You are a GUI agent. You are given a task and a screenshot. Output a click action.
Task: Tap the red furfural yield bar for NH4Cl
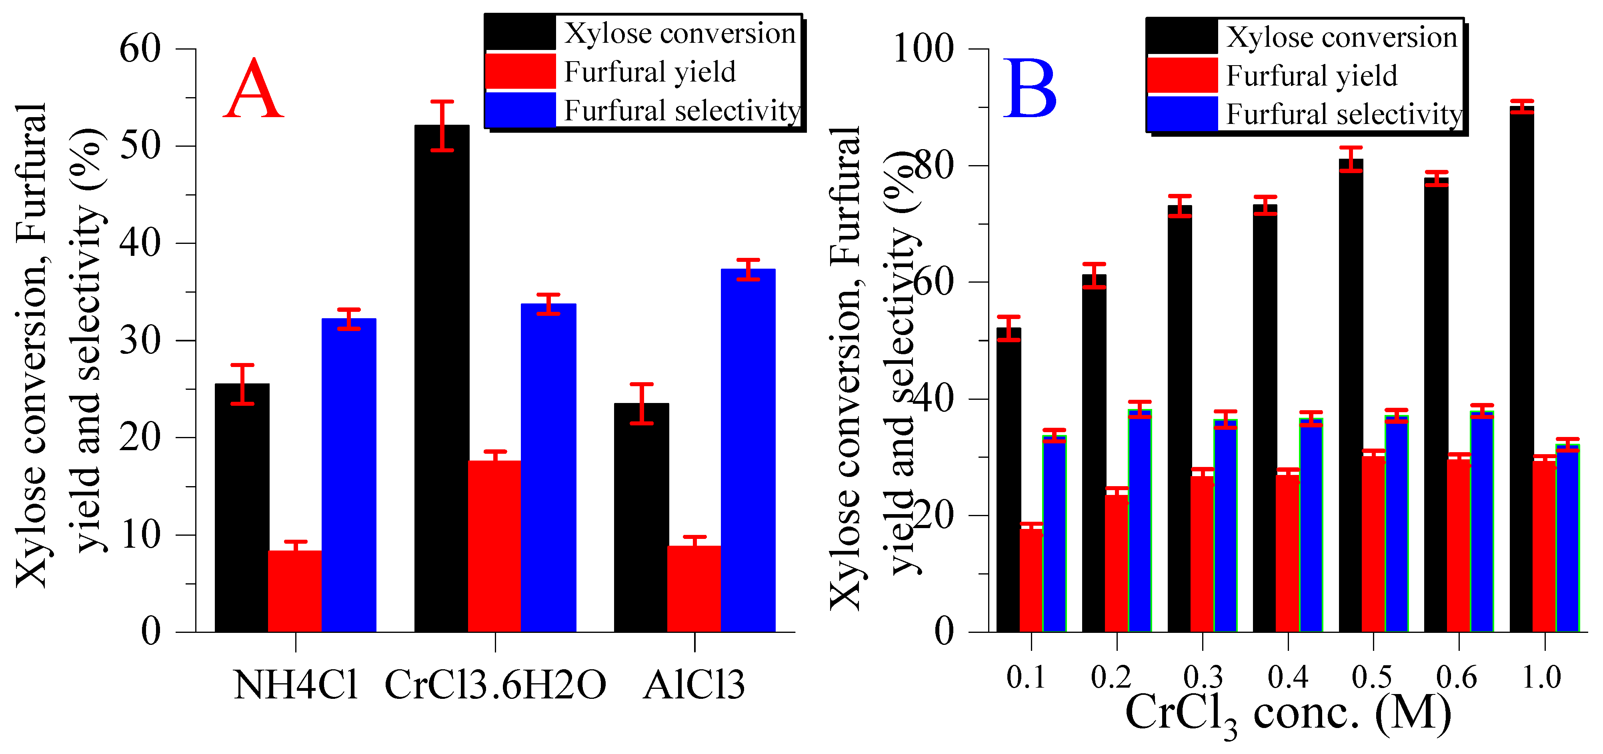(295, 591)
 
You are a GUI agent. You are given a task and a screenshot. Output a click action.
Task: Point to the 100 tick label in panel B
(923, 48)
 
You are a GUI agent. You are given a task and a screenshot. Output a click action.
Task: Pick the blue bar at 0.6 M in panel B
(1482, 523)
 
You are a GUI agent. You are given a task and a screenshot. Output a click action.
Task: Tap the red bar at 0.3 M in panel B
(1202, 554)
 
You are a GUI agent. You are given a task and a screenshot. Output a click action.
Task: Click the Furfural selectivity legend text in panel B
(1344, 114)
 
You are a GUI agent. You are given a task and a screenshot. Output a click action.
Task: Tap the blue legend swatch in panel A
(520, 110)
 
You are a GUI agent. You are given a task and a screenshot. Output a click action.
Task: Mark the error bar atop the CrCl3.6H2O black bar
(442, 126)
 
